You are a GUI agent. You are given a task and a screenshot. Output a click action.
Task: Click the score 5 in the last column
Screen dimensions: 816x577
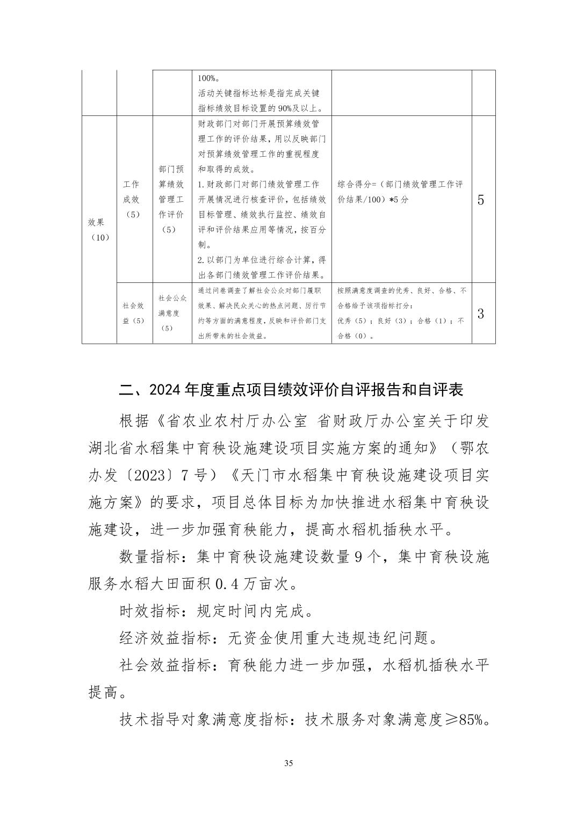pyautogui.click(x=481, y=200)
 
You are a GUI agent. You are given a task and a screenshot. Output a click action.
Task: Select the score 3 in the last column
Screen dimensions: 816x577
pyautogui.click(x=481, y=314)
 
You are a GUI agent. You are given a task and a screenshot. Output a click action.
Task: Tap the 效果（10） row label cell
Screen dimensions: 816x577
pyautogui.click(x=99, y=229)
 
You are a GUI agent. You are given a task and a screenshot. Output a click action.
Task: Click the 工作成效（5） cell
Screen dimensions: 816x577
pyautogui.click(x=132, y=199)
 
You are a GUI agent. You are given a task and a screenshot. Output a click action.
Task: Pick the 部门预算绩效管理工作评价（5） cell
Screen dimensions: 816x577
pyautogui.click(x=171, y=199)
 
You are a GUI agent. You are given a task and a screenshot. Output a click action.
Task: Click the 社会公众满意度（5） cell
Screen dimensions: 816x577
pyautogui.click(x=172, y=313)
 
